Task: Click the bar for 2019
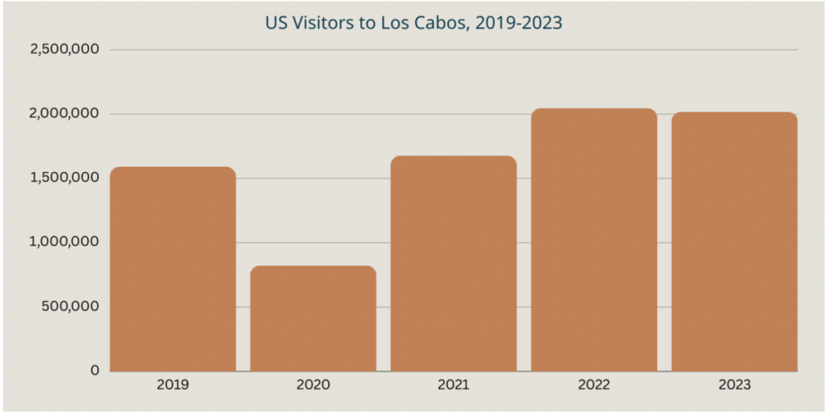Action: tap(173, 269)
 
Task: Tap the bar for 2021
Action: tap(453, 263)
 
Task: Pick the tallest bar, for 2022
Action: tap(594, 239)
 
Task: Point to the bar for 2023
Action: tap(734, 241)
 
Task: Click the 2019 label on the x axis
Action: tap(173, 385)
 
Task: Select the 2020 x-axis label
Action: tap(313, 385)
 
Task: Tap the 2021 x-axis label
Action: tap(453, 385)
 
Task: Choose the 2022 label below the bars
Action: tap(594, 385)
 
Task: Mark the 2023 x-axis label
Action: tap(734, 385)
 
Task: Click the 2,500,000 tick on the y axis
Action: tap(65, 50)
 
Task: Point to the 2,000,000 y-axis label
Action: tap(65, 114)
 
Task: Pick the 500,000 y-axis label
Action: tap(72, 306)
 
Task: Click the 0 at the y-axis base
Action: tap(95, 370)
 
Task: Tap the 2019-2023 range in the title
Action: tap(518, 23)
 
